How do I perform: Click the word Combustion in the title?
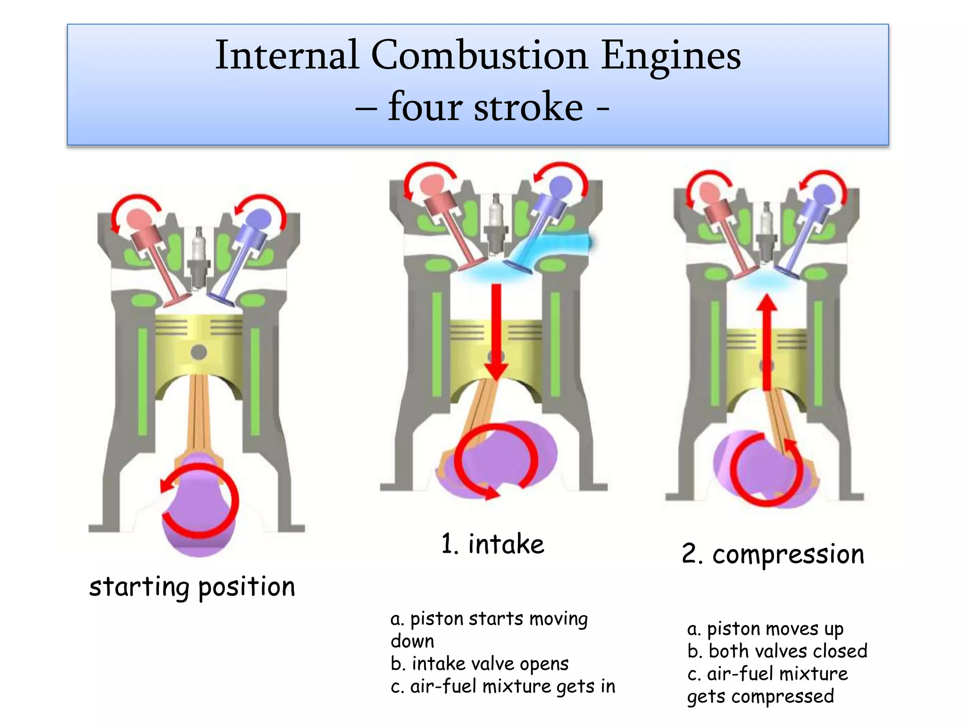479,56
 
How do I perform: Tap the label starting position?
192,587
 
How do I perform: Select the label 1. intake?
492,544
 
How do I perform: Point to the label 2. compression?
773,554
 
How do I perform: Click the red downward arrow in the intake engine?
496,330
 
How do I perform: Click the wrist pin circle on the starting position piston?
199,352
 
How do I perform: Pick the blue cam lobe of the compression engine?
824,194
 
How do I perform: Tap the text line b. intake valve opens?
479,664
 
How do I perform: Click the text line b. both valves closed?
777,651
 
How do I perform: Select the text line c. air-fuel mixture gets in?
503,686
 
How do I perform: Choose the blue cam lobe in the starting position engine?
259,219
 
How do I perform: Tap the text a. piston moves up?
765,629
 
